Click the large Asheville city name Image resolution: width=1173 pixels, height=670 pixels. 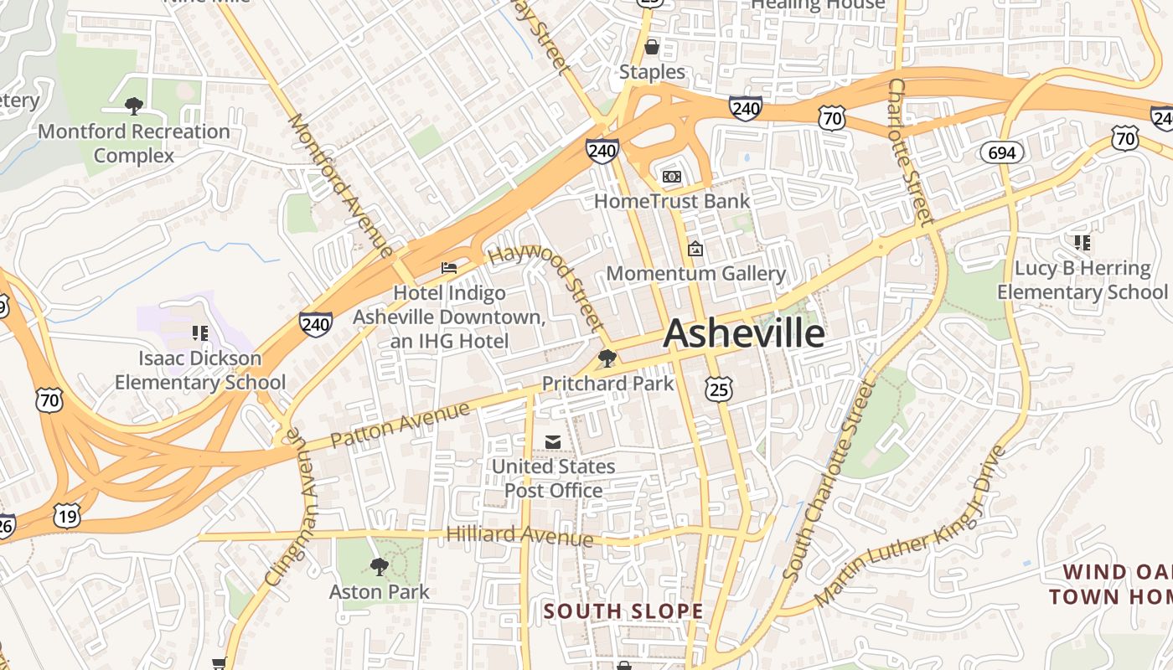pos(744,334)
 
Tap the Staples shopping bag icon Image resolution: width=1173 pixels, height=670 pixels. pos(651,47)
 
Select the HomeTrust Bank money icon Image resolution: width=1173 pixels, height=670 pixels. pos(672,177)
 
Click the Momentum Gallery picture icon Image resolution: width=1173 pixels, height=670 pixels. pos(695,249)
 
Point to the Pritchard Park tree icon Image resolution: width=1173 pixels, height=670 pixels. pos(607,359)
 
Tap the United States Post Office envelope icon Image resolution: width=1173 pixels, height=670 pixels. pos(553,441)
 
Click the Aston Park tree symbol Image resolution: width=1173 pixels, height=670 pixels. pos(380,567)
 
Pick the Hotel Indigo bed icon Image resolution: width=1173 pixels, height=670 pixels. pos(449,268)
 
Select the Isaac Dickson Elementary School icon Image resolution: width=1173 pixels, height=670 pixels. pos(200,333)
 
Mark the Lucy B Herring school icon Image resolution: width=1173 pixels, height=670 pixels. pos(1082,243)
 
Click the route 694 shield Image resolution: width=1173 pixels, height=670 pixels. pos(1002,152)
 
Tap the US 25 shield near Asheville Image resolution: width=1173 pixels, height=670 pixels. pos(719,389)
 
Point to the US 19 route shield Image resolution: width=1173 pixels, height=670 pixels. pos(67,515)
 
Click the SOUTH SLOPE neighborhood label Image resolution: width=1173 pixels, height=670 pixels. pos(623,611)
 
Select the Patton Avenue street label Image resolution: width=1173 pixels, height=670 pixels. pos(400,425)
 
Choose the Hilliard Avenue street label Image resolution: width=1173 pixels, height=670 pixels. pos(519,535)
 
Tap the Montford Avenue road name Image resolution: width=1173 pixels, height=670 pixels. pos(339,184)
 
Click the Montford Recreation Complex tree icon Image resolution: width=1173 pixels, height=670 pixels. pos(133,106)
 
